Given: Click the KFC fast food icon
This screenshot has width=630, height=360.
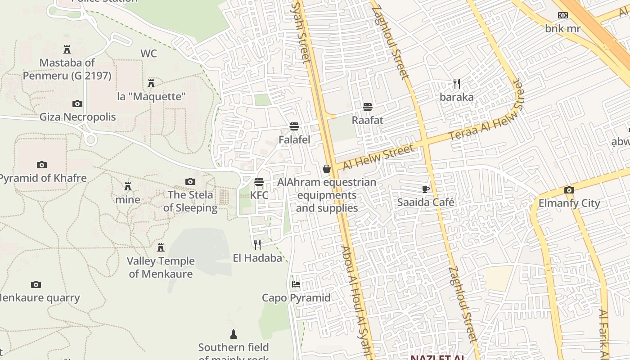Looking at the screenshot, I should pyautogui.click(x=259, y=182).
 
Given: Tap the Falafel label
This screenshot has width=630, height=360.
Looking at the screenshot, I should pyautogui.click(x=294, y=140).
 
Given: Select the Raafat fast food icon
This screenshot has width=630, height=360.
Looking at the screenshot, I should pyautogui.click(x=368, y=107).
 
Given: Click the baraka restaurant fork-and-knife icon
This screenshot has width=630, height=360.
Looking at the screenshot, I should pyautogui.click(x=457, y=84).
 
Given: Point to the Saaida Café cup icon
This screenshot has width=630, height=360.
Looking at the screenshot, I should pyautogui.click(x=425, y=189).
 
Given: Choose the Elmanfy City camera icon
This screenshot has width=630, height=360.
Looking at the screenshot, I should pyautogui.click(x=569, y=190).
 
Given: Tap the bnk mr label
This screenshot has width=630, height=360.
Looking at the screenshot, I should pyautogui.click(x=562, y=29).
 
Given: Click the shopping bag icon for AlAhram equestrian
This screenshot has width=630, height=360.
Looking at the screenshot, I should pyautogui.click(x=327, y=169).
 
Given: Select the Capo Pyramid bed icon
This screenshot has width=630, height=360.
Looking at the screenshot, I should pyautogui.click(x=296, y=284).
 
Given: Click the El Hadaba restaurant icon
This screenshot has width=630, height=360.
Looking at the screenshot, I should pyautogui.click(x=257, y=244).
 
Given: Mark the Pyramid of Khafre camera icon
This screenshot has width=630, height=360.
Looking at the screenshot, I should pyautogui.click(x=42, y=165).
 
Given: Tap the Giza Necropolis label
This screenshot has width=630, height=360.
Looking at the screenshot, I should pyautogui.click(x=78, y=117).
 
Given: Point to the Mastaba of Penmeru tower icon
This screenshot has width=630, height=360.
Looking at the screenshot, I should pyautogui.click(x=67, y=49).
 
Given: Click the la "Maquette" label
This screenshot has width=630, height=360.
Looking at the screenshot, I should pyautogui.click(x=151, y=97).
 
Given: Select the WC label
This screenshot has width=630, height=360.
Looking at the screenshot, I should pyautogui.click(x=148, y=54).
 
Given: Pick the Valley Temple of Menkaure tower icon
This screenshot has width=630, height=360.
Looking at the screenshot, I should pyautogui.click(x=161, y=247).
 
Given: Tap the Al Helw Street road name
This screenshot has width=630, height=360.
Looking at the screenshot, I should pyautogui.click(x=378, y=157).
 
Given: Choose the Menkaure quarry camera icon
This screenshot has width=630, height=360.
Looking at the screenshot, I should pyautogui.click(x=36, y=284).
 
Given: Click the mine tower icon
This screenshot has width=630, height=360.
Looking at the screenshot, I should pyautogui.click(x=128, y=186).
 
